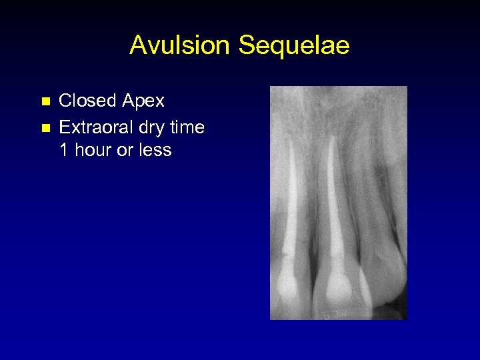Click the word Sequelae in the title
pyautogui.click(x=294, y=45)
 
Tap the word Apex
pyautogui.click(x=143, y=101)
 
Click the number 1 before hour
pyautogui.click(x=64, y=150)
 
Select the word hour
pyautogui.click(x=93, y=150)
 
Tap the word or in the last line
pyautogui.click(x=125, y=151)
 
